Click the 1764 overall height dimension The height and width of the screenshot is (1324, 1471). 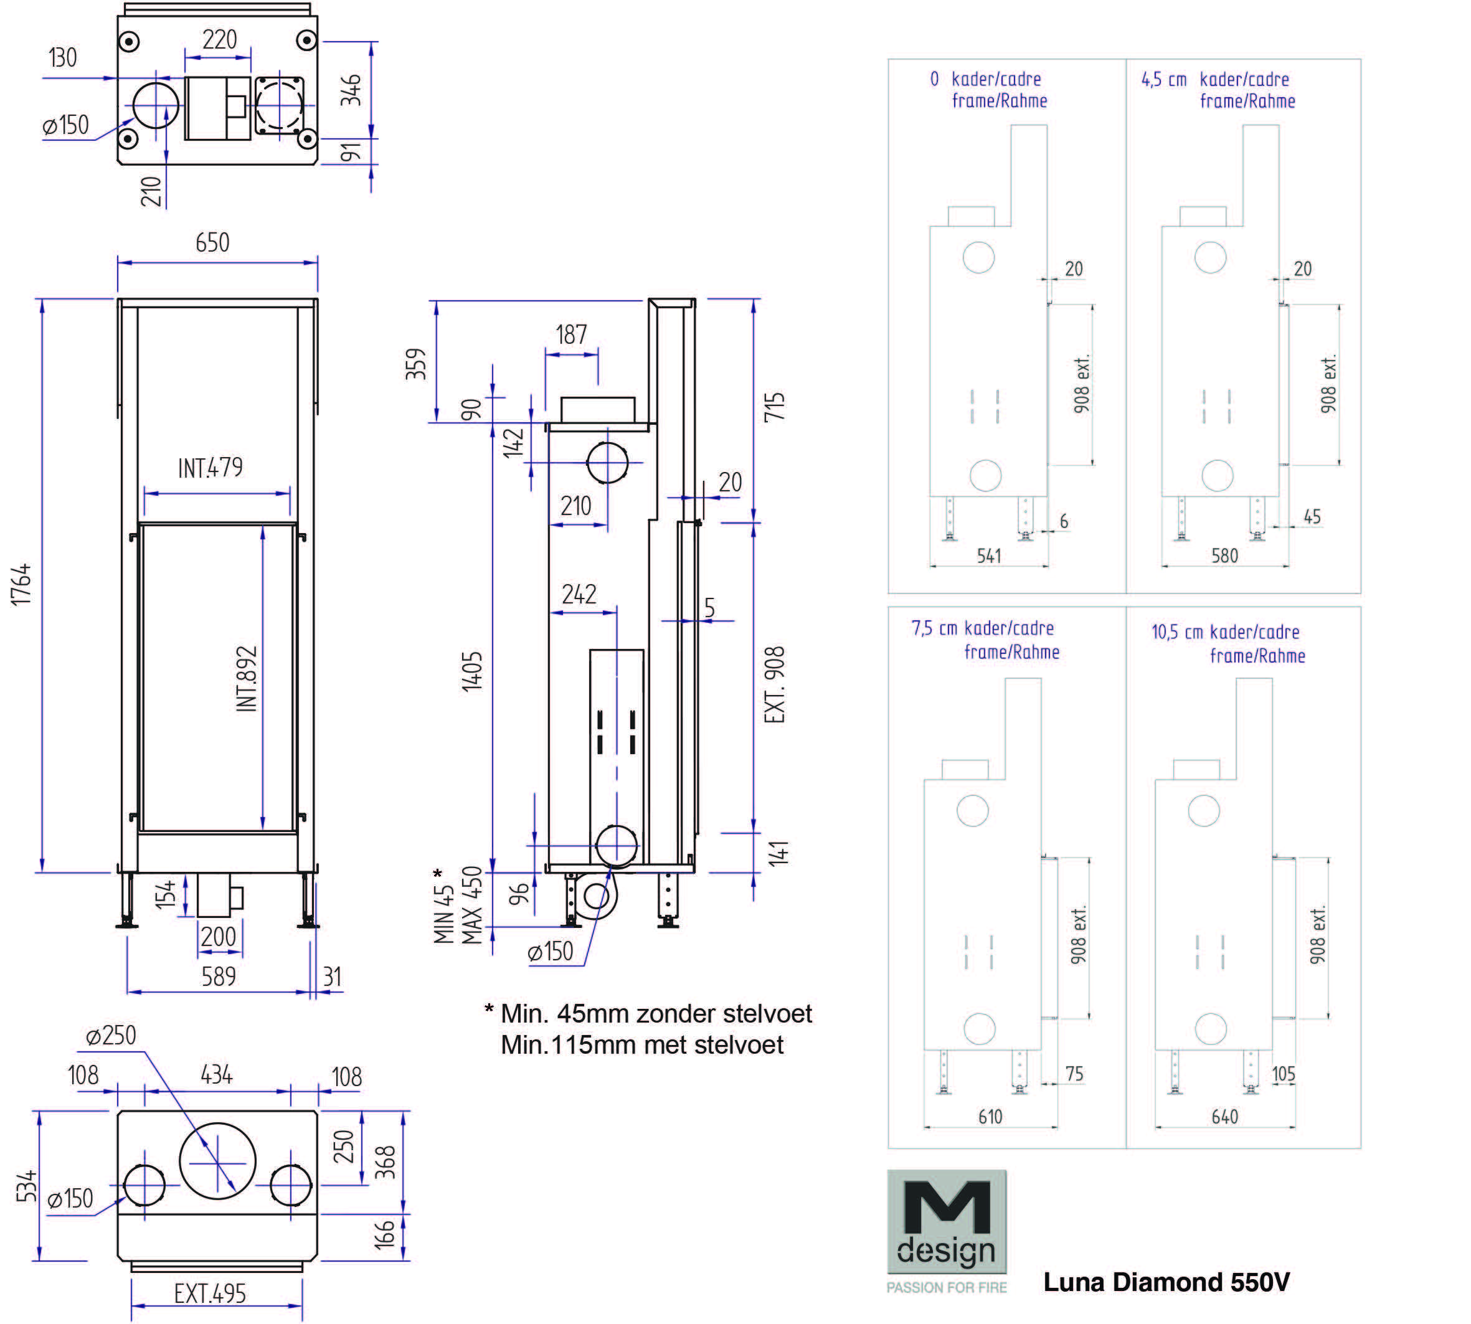pos(22,584)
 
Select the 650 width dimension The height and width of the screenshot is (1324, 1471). pos(212,242)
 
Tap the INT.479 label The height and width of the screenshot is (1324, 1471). pos(210,468)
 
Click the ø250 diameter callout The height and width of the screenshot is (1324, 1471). pos(111,1035)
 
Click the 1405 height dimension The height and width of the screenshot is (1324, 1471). pos(472,671)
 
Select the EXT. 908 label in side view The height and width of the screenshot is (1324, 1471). pos(775,684)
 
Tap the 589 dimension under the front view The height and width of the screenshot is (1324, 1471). pos(218,976)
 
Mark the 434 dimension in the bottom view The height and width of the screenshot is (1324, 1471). pos(216,1074)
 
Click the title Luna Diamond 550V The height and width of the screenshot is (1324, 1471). pos(1166,1282)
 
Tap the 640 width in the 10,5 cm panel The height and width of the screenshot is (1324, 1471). pos(1224,1117)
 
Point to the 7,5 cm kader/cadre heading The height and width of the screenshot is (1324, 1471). pos(982,628)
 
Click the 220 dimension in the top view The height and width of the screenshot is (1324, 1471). pos(219,39)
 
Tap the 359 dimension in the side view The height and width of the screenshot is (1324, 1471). pos(415,364)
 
